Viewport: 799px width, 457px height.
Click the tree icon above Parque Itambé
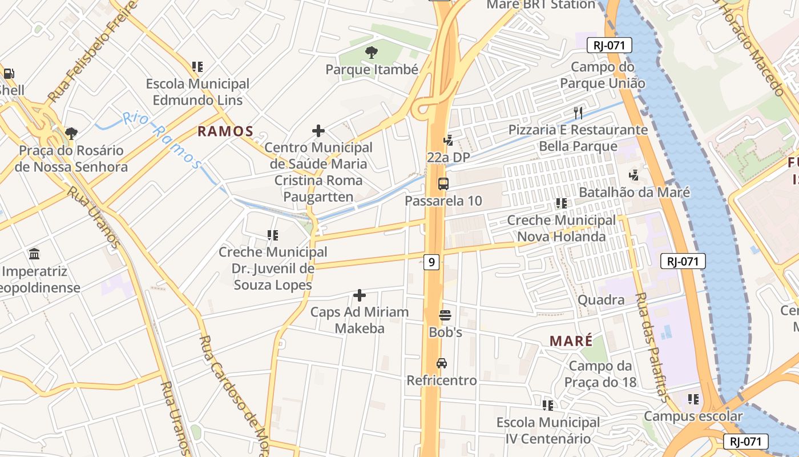tap(371, 53)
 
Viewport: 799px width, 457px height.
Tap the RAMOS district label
tap(225, 131)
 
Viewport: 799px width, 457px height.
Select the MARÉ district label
tap(571, 341)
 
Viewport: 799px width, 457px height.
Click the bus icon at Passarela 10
tap(443, 184)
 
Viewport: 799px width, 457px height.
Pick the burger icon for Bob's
tap(445, 315)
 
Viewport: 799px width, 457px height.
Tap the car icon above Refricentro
tap(442, 363)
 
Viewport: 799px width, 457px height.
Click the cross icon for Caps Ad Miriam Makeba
tap(360, 295)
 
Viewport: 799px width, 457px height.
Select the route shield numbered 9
tap(431, 262)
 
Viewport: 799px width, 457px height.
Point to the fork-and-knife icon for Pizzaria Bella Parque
tap(578, 113)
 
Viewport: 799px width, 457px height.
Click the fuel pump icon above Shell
tap(9, 73)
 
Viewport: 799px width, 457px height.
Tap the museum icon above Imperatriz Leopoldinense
tap(34, 254)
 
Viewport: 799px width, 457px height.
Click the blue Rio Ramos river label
tap(163, 140)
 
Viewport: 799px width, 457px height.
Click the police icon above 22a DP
tap(448, 140)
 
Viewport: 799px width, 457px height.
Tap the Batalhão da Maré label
tap(634, 193)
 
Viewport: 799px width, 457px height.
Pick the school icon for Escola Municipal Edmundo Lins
tap(197, 67)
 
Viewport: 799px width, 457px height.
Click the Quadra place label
tap(601, 300)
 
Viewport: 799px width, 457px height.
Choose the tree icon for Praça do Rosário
tap(71, 134)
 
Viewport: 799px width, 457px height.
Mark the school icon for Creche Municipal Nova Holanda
tap(562, 203)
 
